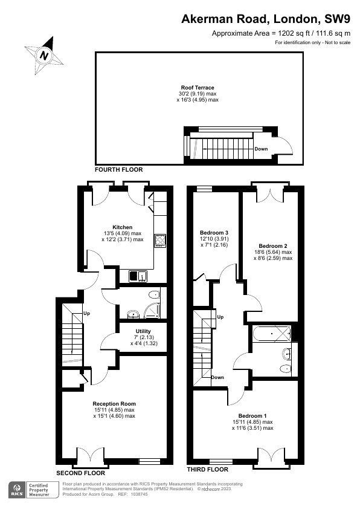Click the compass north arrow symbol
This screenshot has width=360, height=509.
point(44,56)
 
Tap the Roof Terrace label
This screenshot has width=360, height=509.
point(198,87)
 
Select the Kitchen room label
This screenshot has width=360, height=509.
point(122,227)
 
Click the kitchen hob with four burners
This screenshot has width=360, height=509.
point(160,241)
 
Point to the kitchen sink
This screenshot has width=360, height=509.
point(138,276)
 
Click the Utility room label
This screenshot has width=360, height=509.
point(143,331)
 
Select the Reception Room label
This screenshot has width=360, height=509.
point(114,404)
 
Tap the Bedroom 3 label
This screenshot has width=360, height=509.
point(214,233)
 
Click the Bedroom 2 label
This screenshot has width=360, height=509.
point(273,246)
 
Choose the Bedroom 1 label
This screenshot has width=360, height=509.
point(252,416)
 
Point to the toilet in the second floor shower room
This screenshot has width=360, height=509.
point(155,295)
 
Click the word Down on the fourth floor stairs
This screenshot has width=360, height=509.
point(261,149)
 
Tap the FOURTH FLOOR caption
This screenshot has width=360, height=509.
point(119,170)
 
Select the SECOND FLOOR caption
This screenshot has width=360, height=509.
point(81,473)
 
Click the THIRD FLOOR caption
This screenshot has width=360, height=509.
point(208,469)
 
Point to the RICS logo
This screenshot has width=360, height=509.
point(16,490)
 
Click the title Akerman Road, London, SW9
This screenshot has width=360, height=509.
point(266,19)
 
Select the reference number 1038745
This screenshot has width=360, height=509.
point(139,494)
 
